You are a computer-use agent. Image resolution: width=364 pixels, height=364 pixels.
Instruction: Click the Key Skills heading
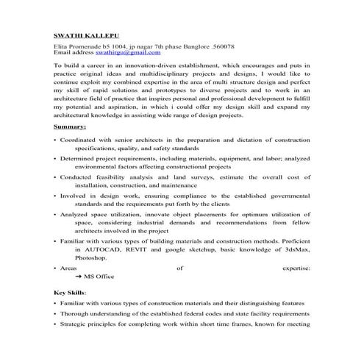[x=70, y=292]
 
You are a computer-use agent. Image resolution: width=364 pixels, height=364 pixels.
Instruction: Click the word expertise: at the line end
[x=296, y=268]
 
